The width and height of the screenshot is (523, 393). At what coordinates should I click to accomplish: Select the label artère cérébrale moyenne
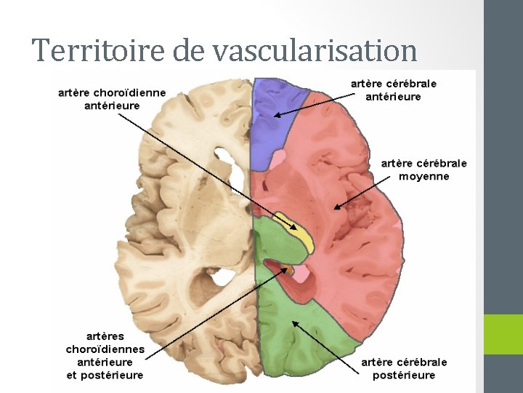click(x=424, y=170)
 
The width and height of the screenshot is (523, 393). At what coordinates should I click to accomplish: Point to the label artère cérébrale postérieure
click(x=404, y=368)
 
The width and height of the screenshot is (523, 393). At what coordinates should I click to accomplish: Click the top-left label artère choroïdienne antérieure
click(x=113, y=99)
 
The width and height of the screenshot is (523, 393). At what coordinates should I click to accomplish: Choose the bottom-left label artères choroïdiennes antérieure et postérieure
click(x=105, y=356)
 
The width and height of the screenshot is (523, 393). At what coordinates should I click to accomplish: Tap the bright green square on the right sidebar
click(x=503, y=334)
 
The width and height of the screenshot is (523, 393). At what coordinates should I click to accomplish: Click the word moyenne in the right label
click(x=424, y=176)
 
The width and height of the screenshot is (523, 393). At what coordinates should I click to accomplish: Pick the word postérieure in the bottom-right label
click(x=404, y=375)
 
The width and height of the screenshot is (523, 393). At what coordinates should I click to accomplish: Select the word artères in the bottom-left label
click(x=105, y=336)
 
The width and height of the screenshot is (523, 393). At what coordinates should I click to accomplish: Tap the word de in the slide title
click(x=191, y=50)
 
